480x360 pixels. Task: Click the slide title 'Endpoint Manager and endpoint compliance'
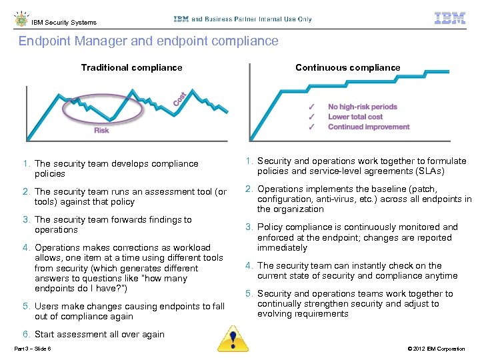148,41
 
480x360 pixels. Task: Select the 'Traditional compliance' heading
131,67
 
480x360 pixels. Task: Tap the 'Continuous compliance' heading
347,67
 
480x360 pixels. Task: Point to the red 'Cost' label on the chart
180,99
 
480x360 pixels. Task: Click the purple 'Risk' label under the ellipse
101,131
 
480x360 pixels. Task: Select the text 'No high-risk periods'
362,107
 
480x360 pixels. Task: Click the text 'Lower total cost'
355,117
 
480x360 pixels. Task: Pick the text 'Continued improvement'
369,127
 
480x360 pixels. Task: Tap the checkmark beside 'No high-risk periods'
311,107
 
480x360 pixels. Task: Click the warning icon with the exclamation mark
233,338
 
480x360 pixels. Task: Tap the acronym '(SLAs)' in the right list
429,171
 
